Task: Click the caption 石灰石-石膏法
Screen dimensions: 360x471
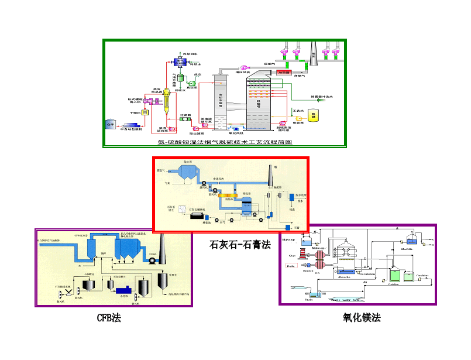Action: [x=240, y=245]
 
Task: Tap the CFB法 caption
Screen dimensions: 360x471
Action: [x=109, y=318]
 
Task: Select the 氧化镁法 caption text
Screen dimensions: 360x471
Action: [x=362, y=318]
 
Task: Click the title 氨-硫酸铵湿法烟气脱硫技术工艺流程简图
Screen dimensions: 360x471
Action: [x=225, y=142]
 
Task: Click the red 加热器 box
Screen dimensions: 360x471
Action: [x=284, y=73]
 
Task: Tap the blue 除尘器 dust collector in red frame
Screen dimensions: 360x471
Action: [x=187, y=173]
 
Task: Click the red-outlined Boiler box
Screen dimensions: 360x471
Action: [x=291, y=266]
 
